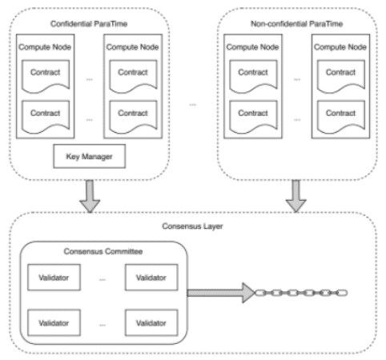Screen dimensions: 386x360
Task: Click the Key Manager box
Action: tap(90, 156)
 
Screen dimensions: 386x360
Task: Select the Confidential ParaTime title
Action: tap(89, 24)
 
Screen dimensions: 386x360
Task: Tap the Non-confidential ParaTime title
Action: tap(296, 24)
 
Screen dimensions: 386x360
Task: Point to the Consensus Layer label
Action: tap(192, 226)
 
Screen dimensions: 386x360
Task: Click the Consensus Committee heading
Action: tap(103, 251)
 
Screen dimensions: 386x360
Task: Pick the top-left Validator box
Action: tap(54, 278)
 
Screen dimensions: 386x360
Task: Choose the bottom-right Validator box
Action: tap(151, 322)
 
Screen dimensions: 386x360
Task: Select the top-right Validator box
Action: tap(151, 278)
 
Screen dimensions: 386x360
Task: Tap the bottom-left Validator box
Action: tap(54, 322)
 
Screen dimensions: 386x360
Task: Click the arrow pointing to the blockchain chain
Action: tap(221, 293)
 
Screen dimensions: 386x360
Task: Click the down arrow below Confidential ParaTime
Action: tap(90, 196)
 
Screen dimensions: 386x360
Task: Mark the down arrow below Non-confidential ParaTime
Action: tap(296, 196)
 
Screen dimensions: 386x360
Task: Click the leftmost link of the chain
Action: tap(260, 293)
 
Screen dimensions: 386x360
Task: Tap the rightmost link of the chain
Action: tap(342, 293)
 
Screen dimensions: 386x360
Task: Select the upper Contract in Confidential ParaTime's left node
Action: tap(46, 77)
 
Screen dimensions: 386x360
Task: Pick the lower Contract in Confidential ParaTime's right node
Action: tap(133, 117)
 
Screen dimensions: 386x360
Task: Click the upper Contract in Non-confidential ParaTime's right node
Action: tap(341, 77)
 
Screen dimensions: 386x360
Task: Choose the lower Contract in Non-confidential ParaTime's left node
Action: tap(253, 117)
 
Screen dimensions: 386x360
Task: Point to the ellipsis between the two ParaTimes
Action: tap(192, 105)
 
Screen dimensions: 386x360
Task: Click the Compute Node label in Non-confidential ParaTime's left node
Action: tap(252, 47)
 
